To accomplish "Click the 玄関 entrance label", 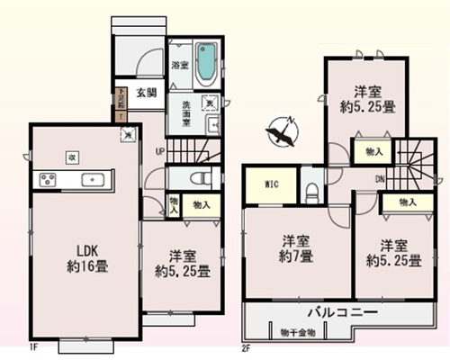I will pyautogui.click(x=147, y=91).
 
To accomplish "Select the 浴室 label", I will pyautogui.click(x=179, y=65).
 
